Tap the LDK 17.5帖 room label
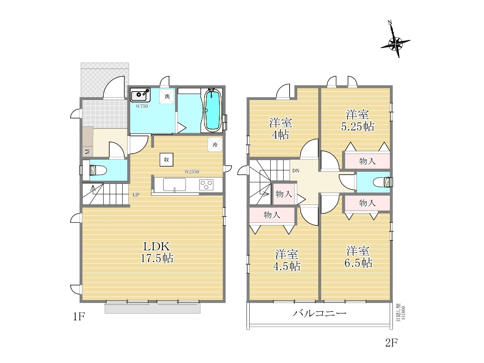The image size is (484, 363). click(157, 252)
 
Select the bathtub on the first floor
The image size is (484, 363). click(212, 111)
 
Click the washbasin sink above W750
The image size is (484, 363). click(140, 95)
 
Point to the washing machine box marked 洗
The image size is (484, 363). click(167, 96)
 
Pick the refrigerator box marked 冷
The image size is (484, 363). click(215, 144)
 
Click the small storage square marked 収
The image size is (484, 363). click(167, 160)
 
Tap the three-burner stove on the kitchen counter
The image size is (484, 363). click(206, 185)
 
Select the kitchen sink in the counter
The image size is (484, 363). click(174, 185)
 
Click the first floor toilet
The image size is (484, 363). click(98, 170)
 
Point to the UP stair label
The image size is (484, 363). click(136, 195)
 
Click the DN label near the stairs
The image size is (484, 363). click(296, 171)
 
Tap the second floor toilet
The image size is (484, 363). click(382, 182)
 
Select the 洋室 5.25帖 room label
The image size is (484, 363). click(357, 121)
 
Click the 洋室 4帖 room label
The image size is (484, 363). click(281, 129)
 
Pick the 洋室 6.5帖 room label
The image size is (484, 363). click(358, 257)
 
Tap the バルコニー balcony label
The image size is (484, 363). click(319, 313)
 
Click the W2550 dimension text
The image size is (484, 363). click(192, 172)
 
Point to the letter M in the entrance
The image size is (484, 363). click(88, 152)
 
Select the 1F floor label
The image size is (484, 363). click(79, 317)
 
